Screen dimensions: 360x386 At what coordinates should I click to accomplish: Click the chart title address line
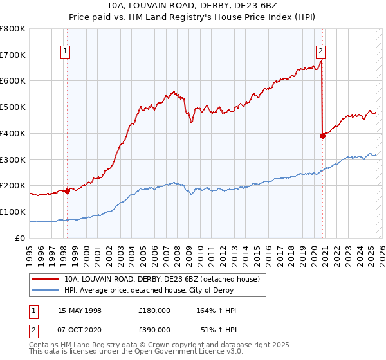pyautogui.click(x=194, y=5)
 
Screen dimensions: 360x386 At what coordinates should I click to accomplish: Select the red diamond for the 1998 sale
pyautogui.click(x=68, y=190)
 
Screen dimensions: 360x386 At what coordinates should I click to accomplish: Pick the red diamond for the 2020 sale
pyautogui.click(x=323, y=136)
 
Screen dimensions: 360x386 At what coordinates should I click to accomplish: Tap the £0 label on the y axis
pyautogui.click(x=21, y=238)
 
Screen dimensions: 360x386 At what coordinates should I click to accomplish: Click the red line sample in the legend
pyautogui.click(x=46, y=280)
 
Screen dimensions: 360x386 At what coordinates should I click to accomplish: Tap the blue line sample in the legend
pyautogui.click(x=46, y=291)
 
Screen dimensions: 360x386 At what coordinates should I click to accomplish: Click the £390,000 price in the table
pyautogui.click(x=154, y=329)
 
